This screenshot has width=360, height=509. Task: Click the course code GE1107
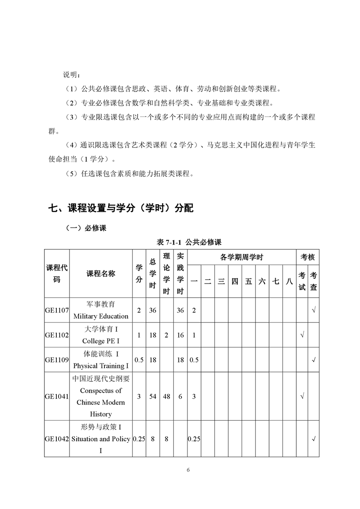point(57,311)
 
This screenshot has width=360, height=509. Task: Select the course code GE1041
point(57,396)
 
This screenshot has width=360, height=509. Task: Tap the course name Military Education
point(101,316)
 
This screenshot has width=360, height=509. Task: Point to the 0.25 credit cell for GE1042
point(139,439)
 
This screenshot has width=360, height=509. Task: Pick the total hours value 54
point(153,396)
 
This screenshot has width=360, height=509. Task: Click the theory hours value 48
point(167,396)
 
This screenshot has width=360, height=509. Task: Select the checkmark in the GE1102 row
point(302,335)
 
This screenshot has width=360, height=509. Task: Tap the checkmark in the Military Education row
point(314,311)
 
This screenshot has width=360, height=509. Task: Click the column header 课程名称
point(101,274)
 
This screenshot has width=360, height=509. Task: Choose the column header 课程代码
point(57,274)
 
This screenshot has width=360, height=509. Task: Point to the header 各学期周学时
point(242,257)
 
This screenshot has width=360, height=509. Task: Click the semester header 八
point(289,281)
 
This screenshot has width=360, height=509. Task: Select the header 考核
point(308,257)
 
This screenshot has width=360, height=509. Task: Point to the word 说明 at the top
point(71,74)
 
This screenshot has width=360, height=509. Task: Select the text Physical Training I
point(101,366)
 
